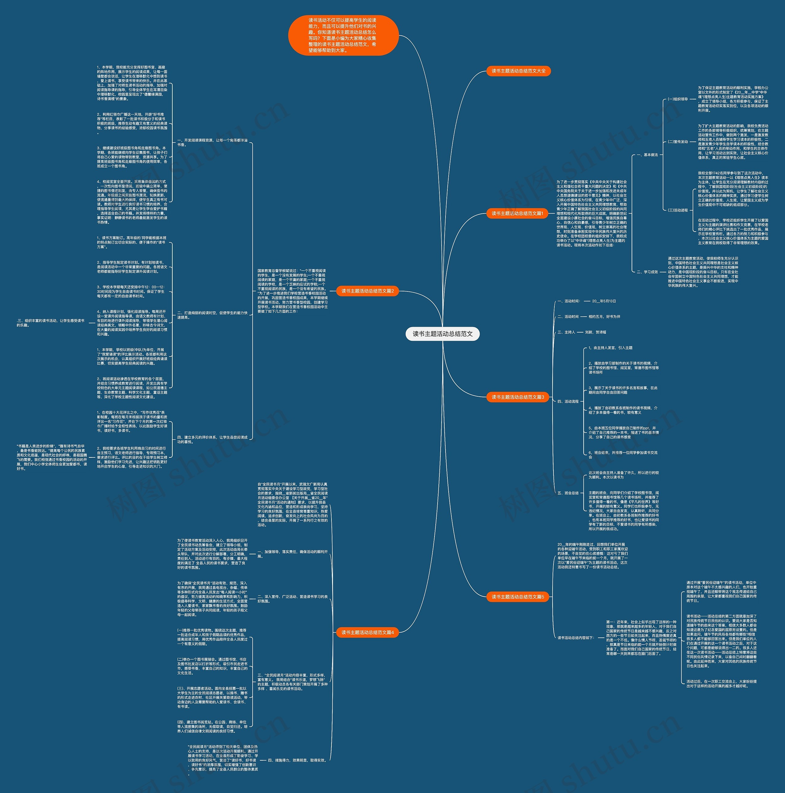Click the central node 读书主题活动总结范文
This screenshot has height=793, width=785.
click(442, 334)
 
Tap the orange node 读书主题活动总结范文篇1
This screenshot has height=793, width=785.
click(517, 214)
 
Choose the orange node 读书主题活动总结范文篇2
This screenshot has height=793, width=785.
click(367, 291)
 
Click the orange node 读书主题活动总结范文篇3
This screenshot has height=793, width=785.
click(517, 397)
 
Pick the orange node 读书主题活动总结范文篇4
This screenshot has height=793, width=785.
click(367, 633)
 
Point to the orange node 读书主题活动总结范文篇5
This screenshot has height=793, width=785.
click(517, 597)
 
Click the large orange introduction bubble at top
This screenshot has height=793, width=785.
click(343, 35)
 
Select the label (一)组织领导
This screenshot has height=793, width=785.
click(677, 99)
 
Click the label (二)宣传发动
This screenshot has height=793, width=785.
click(677, 142)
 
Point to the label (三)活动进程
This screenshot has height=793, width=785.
click(677, 210)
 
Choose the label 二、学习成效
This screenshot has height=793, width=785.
click(647, 272)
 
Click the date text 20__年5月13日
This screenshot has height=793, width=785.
click(604, 301)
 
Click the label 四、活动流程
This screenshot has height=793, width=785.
click(568, 402)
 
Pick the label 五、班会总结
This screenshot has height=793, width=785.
click(568, 493)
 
